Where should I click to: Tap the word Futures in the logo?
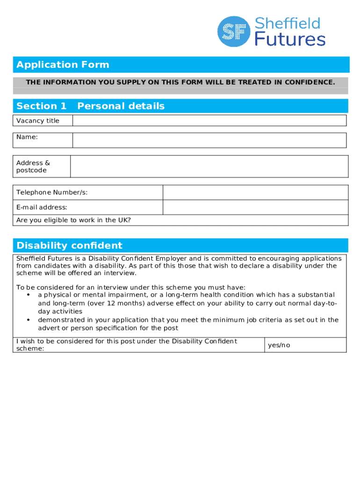point(290,39)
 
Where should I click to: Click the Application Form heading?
point(63,65)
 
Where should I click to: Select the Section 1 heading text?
point(41,106)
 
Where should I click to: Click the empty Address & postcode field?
point(209,167)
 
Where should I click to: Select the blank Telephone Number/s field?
point(255,193)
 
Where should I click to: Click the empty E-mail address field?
point(255,207)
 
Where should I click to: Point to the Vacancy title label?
point(38,121)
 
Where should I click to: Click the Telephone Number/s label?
point(52,193)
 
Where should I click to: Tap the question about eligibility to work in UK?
point(73,220)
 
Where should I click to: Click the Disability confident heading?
point(69,246)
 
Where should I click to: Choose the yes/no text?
point(279,345)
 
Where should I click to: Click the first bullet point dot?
point(29,295)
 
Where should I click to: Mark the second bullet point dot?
point(29,320)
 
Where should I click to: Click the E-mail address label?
point(42,207)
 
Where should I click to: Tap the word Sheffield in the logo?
point(288,23)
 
